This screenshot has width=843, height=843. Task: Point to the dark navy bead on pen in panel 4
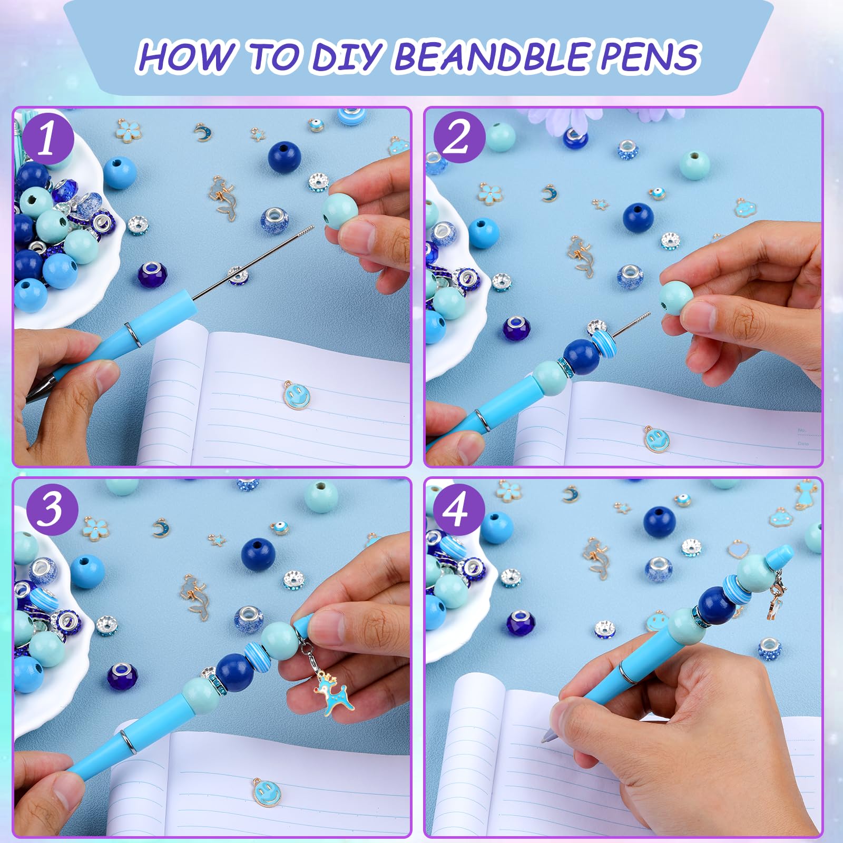(x=717, y=605)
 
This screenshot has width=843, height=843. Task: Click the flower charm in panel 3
(x=96, y=526)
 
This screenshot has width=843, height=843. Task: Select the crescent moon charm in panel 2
(x=550, y=192)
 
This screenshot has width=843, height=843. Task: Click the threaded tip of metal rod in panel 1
(x=306, y=231)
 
